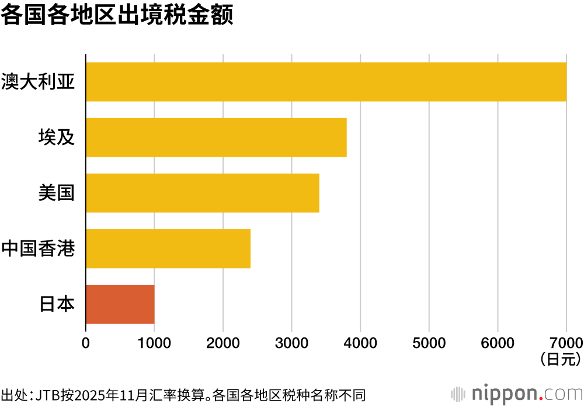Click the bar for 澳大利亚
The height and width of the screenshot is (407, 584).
coord(326,82)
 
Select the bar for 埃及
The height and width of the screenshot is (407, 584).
coord(216,137)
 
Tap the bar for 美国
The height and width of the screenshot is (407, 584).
coord(202,193)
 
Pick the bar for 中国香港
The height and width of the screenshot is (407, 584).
coord(168,249)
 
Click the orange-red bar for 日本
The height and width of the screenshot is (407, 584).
coord(120,304)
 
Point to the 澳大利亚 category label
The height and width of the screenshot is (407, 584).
coord(39,82)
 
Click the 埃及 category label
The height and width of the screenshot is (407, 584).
coord(57,137)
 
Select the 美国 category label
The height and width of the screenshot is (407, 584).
coord(57,193)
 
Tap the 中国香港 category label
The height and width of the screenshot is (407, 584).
coord(39,249)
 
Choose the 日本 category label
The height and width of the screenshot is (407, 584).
coord(57,304)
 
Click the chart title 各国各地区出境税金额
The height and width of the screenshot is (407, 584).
coord(117,16)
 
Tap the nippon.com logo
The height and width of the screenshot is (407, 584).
coord(516,392)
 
